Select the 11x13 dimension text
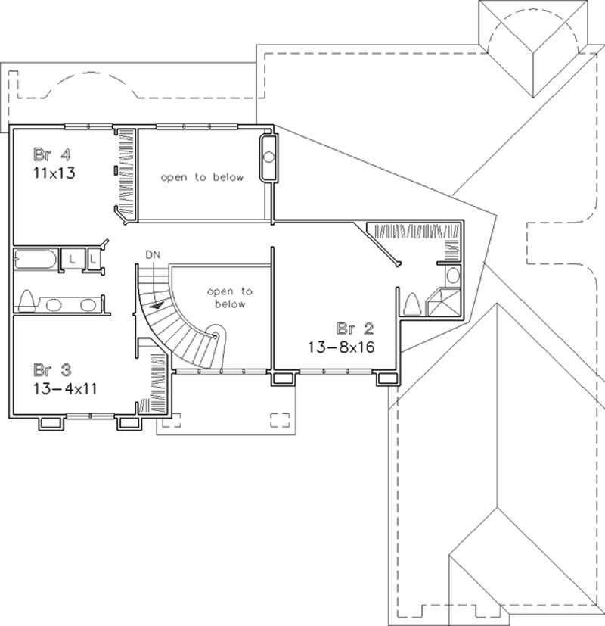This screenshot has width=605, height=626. coord(54,172)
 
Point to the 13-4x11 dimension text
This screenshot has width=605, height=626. coord(65,388)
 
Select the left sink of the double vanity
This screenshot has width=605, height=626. coord(54,305)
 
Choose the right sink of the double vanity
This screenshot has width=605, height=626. coord(88,305)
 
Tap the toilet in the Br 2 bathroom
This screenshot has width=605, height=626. coord(414,304)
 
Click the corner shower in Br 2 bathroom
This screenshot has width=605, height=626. coord(443,303)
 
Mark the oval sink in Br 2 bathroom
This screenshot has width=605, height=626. coord(451,274)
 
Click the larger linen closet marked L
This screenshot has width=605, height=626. coord(72,259)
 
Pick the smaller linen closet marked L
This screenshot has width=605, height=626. coord(93,259)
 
